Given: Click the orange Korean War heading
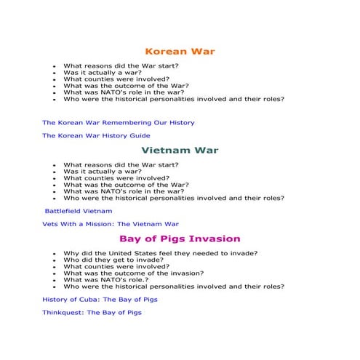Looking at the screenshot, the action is (x=180, y=52).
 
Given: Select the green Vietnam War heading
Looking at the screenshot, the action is (x=180, y=151).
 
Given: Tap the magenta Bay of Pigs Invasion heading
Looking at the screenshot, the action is (x=180, y=239).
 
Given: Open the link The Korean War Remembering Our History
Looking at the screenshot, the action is (x=119, y=123).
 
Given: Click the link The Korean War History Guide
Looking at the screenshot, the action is (x=96, y=135).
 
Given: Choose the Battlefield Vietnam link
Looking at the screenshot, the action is (x=79, y=210).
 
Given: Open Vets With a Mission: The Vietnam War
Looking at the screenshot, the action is (x=111, y=224).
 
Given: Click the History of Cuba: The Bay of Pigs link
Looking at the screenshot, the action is (x=100, y=299).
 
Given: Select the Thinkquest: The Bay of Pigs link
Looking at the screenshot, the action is (x=92, y=313).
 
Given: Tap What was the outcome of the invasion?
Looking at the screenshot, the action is (x=133, y=273).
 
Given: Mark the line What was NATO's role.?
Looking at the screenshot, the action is (x=107, y=279).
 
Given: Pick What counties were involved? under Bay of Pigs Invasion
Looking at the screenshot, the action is (x=116, y=266).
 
